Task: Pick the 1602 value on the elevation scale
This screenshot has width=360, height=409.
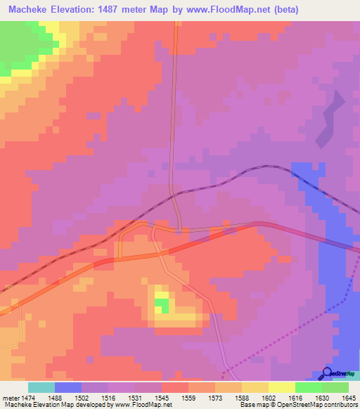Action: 281,397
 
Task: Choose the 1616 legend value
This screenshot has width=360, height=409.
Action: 307,397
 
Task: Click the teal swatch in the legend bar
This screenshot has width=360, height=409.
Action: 41,387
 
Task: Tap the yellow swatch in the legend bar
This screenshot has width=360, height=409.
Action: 281,387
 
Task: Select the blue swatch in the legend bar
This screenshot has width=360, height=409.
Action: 68,387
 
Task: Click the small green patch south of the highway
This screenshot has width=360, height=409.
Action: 162,306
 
